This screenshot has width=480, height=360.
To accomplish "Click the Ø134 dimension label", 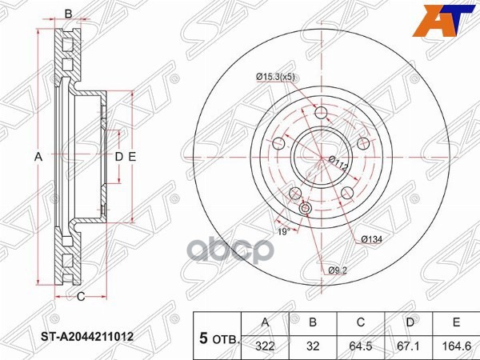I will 370,239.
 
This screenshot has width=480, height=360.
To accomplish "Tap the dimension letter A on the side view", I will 38,157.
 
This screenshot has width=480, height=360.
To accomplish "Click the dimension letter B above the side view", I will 68,14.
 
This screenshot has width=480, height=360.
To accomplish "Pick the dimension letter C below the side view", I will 81,298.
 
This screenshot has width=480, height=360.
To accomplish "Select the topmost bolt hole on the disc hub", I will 322,112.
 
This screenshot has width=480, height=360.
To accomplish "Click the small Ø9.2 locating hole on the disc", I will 305,210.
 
